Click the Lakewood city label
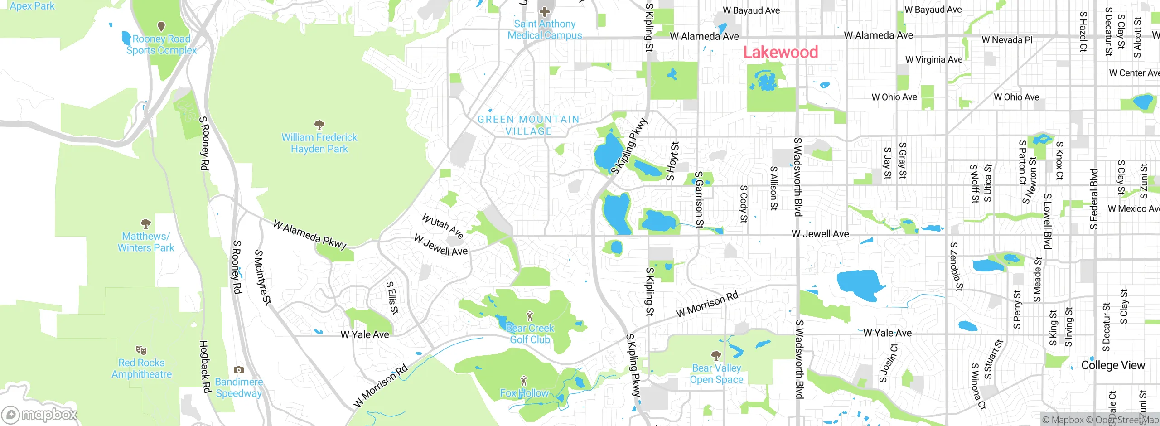point(780,52)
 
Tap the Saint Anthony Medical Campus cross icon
point(544,12)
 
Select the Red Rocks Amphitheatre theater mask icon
point(141,350)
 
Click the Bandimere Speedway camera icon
point(239,370)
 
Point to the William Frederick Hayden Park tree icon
point(319,124)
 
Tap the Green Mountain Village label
point(528,125)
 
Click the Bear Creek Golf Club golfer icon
point(530,316)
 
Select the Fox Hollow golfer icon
point(524,380)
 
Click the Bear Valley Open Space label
point(716,374)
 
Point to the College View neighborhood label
point(1112,365)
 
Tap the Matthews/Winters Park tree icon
point(145,223)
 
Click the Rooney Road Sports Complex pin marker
point(161,26)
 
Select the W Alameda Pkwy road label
point(310,234)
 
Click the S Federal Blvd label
point(1094,199)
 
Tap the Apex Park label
point(32,6)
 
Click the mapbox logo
point(39,414)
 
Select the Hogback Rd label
point(205,367)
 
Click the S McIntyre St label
point(263,277)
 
